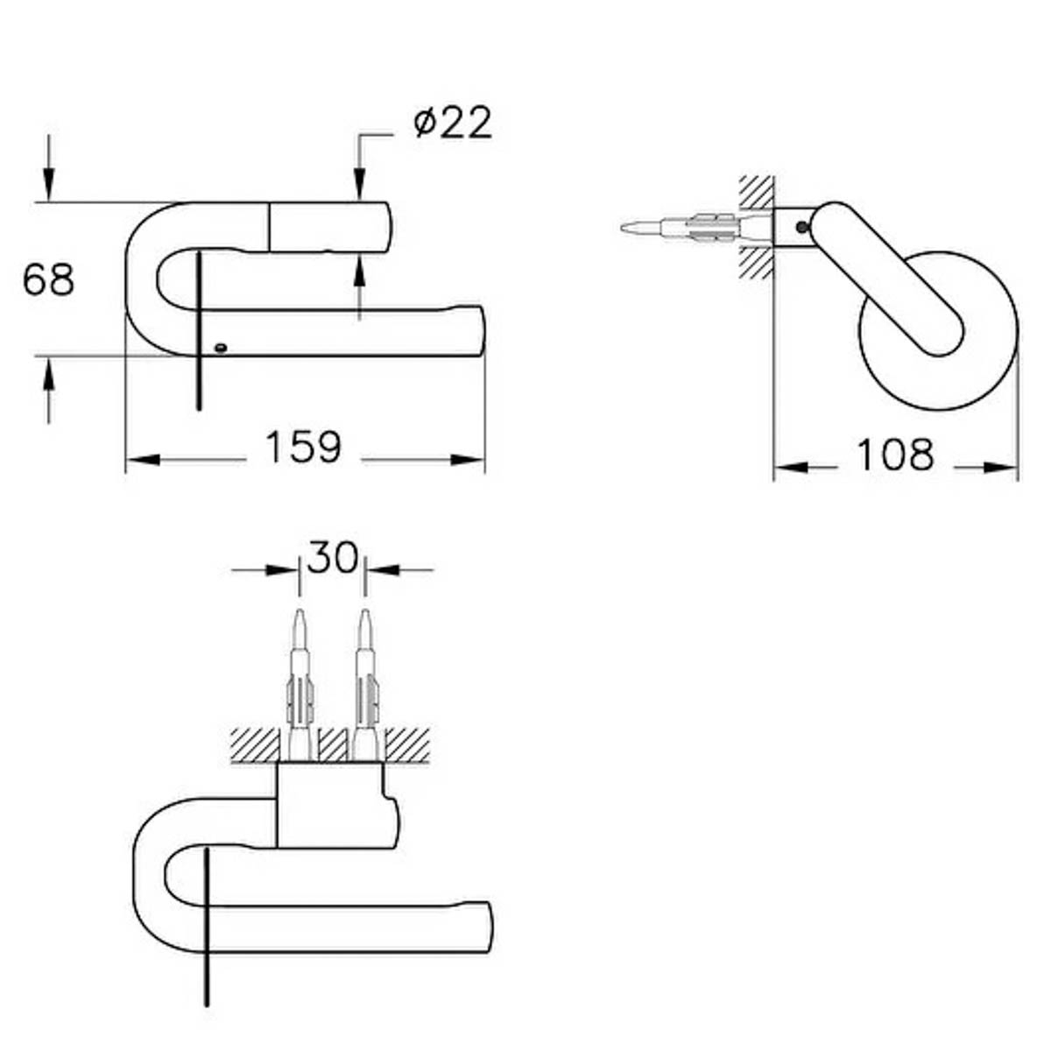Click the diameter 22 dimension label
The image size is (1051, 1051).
(x=453, y=122)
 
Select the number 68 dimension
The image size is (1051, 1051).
(x=48, y=280)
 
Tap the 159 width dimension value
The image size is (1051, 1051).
(x=303, y=448)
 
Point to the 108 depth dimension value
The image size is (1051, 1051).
(x=896, y=455)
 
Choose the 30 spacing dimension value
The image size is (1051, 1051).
(x=333, y=557)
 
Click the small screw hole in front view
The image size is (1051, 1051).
(x=221, y=348)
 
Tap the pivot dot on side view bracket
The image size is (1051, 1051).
(x=802, y=227)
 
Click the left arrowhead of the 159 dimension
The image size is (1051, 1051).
(x=143, y=460)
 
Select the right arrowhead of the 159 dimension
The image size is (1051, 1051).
(x=468, y=460)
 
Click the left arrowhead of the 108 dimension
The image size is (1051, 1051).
(x=791, y=468)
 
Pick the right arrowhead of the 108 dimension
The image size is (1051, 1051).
(x=1000, y=468)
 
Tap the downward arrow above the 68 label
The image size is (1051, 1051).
(x=48, y=168)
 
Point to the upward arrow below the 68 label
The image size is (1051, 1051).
(x=48, y=390)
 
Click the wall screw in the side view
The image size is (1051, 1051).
(x=696, y=228)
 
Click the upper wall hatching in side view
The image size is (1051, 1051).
(x=756, y=192)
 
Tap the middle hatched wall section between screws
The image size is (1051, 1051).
(x=333, y=744)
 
